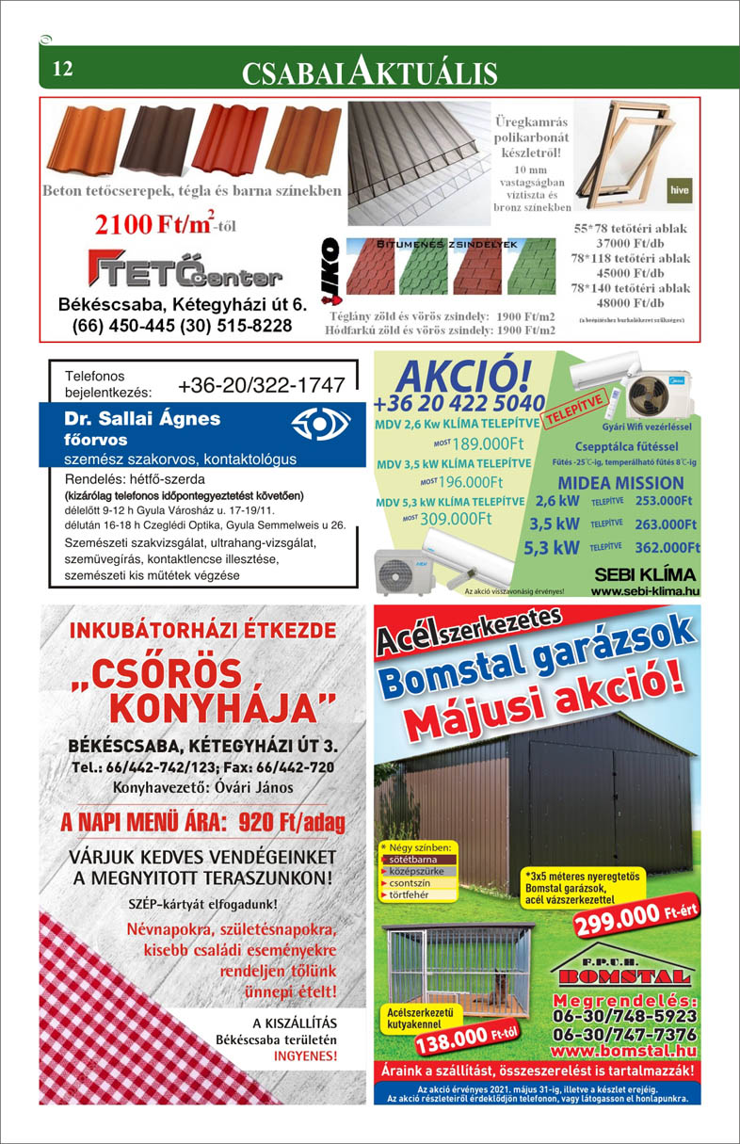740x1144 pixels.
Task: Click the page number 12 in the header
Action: (x=63, y=69)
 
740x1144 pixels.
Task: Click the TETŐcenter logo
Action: (x=185, y=268)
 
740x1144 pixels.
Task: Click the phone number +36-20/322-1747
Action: (x=261, y=385)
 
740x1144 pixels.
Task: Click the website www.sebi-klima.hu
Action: (x=645, y=591)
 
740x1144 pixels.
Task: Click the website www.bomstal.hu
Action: (x=630, y=1050)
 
